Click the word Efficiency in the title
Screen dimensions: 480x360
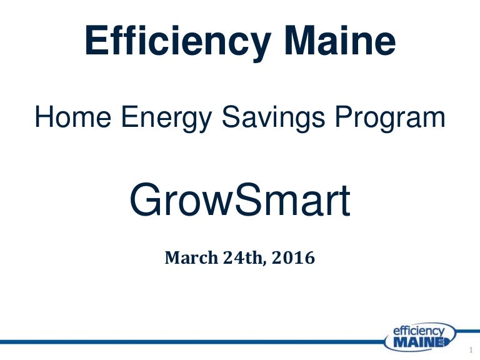point(178,42)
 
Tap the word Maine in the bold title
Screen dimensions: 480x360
point(341,40)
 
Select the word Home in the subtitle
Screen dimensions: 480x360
point(73,117)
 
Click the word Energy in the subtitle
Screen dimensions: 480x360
point(166,119)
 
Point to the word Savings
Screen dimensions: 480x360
point(273,119)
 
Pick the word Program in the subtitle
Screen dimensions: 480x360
point(390,119)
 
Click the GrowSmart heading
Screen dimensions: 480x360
point(240,199)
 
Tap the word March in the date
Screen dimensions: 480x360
point(192,257)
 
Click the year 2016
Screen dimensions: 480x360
point(293,257)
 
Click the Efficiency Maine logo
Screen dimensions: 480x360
point(419,337)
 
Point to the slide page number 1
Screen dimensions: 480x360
point(471,350)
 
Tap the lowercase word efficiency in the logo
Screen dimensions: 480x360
point(419,331)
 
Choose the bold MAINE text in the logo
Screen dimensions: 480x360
point(419,342)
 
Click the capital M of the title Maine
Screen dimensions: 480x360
point(301,40)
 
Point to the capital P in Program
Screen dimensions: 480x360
point(344,117)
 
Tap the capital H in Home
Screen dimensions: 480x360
point(44,117)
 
